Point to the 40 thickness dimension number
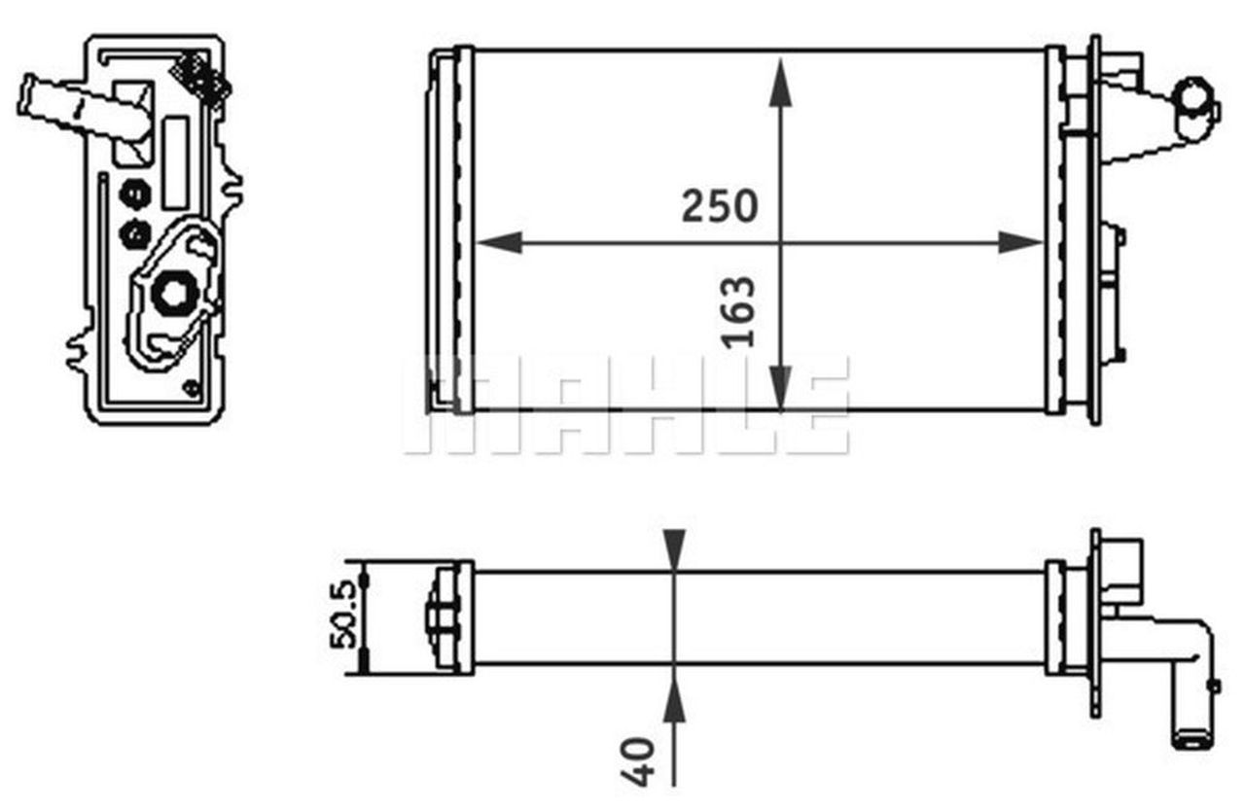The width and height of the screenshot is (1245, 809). pyautogui.click(x=641, y=760)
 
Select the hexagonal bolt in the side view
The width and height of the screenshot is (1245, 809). pyautogui.click(x=176, y=292)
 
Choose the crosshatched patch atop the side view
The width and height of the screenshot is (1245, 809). pyautogui.click(x=202, y=77)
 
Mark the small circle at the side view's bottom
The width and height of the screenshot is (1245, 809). pyautogui.click(x=191, y=390)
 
